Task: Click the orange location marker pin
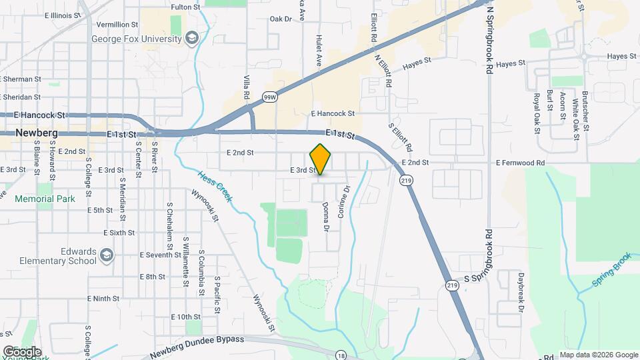[321, 159]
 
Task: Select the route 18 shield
[340, 354]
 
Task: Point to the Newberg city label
[37, 133]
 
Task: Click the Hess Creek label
[215, 187]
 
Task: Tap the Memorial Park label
[45, 199]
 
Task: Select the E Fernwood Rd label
[520, 163]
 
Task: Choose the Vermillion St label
[121, 25]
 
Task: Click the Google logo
[22, 351]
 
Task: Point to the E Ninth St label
[106, 299]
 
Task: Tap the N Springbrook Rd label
[489, 40]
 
